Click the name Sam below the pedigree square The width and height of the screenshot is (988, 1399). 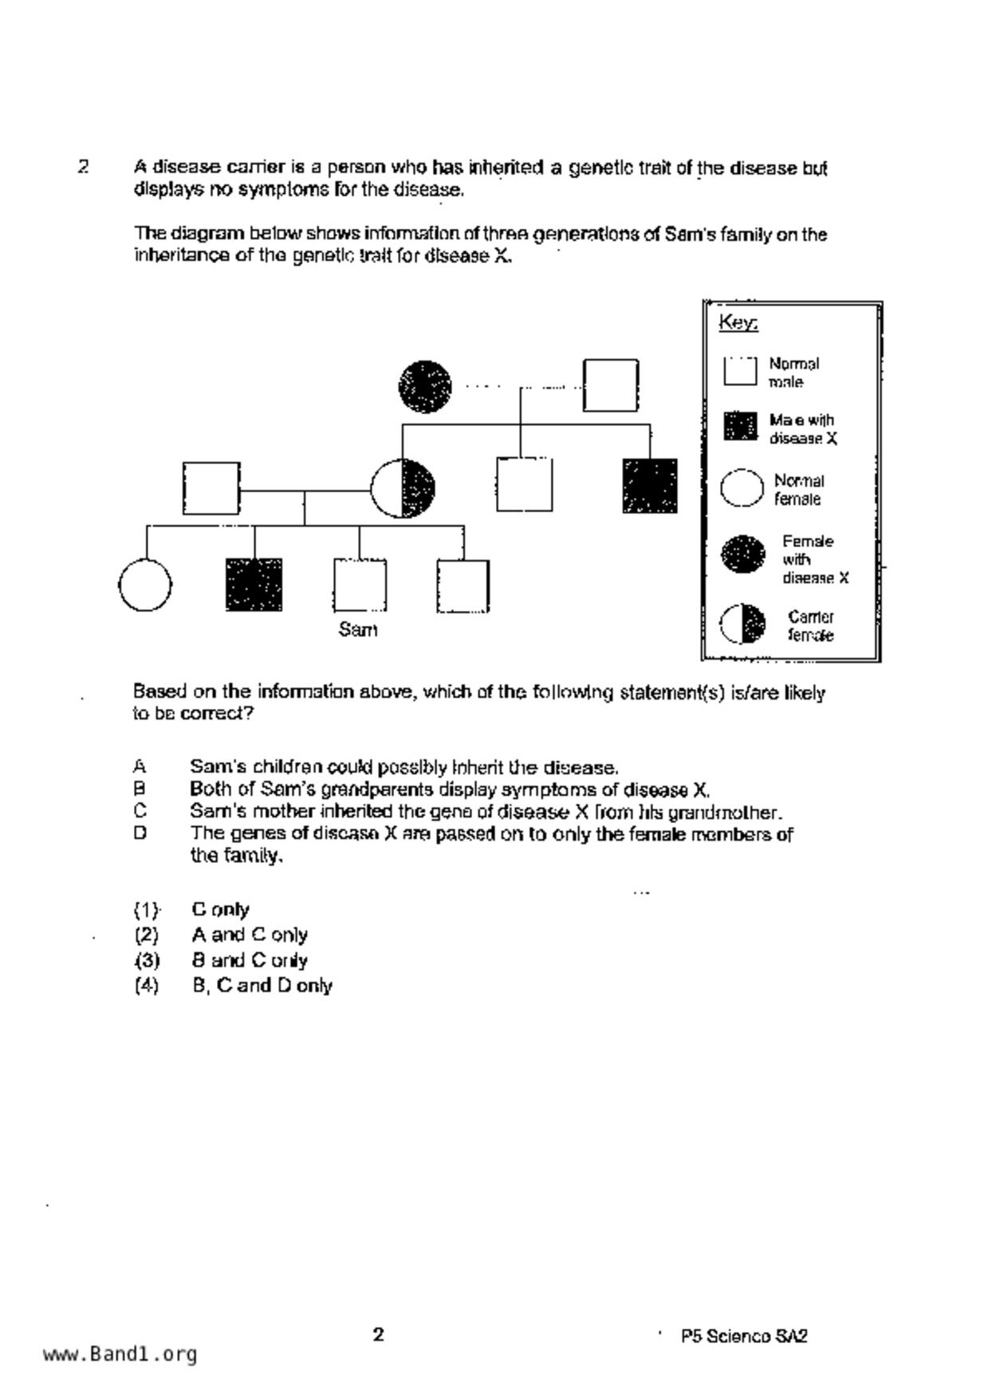[358, 630]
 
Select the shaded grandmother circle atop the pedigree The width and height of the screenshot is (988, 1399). [425, 387]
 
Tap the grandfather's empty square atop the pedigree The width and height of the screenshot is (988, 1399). [611, 386]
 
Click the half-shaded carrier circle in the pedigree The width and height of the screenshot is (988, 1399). [403, 488]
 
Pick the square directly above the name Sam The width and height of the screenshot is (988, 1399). [360, 585]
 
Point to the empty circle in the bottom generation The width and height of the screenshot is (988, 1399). [145, 585]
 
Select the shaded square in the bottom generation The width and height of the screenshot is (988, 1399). [254, 585]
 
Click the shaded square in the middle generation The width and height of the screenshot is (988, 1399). [650, 486]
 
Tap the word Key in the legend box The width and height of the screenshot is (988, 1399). [738, 322]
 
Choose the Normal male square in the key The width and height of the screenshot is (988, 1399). [740, 372]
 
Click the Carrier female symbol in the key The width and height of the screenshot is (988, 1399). [742, 625]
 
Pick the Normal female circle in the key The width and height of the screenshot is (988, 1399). [742, 488]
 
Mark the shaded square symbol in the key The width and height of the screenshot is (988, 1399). [740, 427]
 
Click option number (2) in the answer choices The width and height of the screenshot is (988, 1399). [147, 935]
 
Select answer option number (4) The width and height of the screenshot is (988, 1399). [147, 986]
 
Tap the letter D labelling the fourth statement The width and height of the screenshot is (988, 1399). [140, 833]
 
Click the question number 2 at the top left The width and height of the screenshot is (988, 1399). [83, 167]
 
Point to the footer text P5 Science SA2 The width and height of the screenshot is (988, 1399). [744, 1336]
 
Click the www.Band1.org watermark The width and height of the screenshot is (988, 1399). [120, 1354]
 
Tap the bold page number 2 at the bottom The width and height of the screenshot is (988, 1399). [379, 1334]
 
